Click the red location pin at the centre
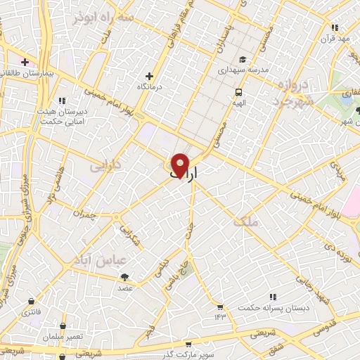pos(180,165)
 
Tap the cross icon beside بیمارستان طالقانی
pos(25,62)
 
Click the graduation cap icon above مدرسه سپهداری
pos(242,60)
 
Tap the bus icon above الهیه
pos(238,92)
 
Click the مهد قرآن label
pos(335,38)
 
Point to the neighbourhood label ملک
pos(249,221)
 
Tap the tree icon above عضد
pos(124,278)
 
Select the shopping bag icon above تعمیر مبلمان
pos(63,326)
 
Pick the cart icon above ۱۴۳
pos(220,307)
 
